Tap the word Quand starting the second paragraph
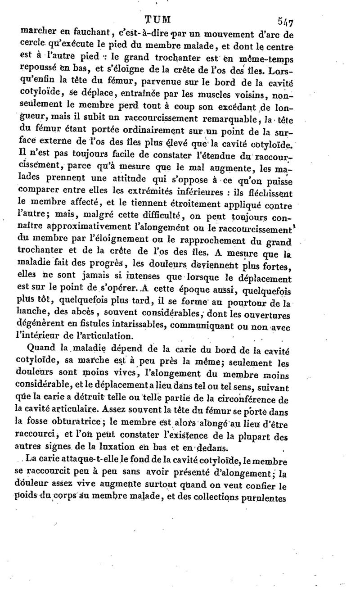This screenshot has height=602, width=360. (x=41, y=348)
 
